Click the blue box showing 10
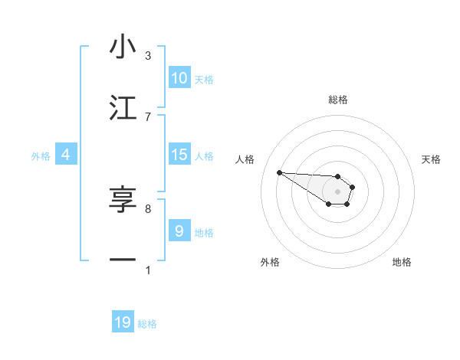tap(179, 78)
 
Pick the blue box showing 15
tap(179, 155)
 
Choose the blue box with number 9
tap(179, 231)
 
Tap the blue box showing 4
tap(66, 155)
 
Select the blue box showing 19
tap(123, 322)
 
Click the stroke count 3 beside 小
tap(148, 56)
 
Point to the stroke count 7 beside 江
tap(148, 116)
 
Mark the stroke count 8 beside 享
tap(148, 208)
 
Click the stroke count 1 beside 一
tap(148, 270)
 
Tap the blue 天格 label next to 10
tap(204, 80)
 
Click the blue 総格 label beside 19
tap(147, 324)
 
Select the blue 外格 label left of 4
tap(41, 156)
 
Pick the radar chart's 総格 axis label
tap(338, 100)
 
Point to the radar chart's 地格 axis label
tap(402, 262)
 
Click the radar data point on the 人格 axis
tap(279, 172)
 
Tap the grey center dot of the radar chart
tap(337, 191)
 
